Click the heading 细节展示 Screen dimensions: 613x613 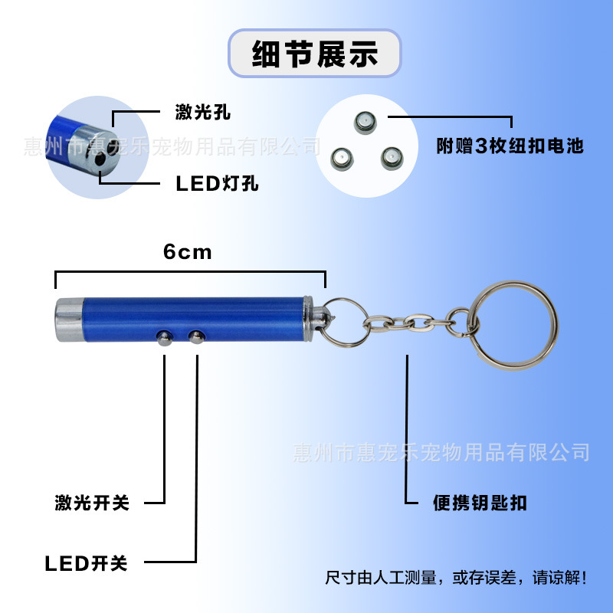pos(315,54)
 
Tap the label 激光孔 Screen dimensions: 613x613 pos(202,112)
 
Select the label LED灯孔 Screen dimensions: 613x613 pos(217,183)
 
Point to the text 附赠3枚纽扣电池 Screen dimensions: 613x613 pos(510,146)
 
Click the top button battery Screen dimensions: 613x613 pos(366,123)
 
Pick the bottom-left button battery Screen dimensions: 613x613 pos(342,159)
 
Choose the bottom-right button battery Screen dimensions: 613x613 pos(392,159)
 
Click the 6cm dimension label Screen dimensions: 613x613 pos(188,252)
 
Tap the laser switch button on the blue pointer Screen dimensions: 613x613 pos(165,338)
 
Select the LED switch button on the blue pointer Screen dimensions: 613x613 pos(197,337)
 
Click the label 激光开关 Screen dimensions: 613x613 pos(92,503)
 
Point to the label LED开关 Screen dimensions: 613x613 pos(86,563)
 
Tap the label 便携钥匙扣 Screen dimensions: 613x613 pos(480,503)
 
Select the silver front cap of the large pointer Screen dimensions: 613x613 pos(70,320)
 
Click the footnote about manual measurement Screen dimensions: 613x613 pos(456,578)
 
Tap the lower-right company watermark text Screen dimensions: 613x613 pos(441,452)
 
